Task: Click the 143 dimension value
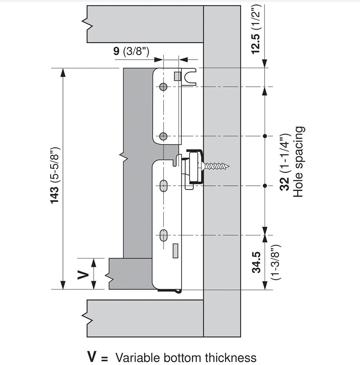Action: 55,196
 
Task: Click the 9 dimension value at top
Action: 116,51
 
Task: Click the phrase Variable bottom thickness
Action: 186,357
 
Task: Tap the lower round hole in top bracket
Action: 163,136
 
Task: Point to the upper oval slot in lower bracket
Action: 164,186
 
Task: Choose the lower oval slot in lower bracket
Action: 164,235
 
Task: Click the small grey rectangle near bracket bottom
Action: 175,251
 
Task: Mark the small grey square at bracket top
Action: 177,76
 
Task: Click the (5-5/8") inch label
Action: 55,165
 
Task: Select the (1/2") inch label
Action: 256,17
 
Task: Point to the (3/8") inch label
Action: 136,51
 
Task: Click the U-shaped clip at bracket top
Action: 189,77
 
